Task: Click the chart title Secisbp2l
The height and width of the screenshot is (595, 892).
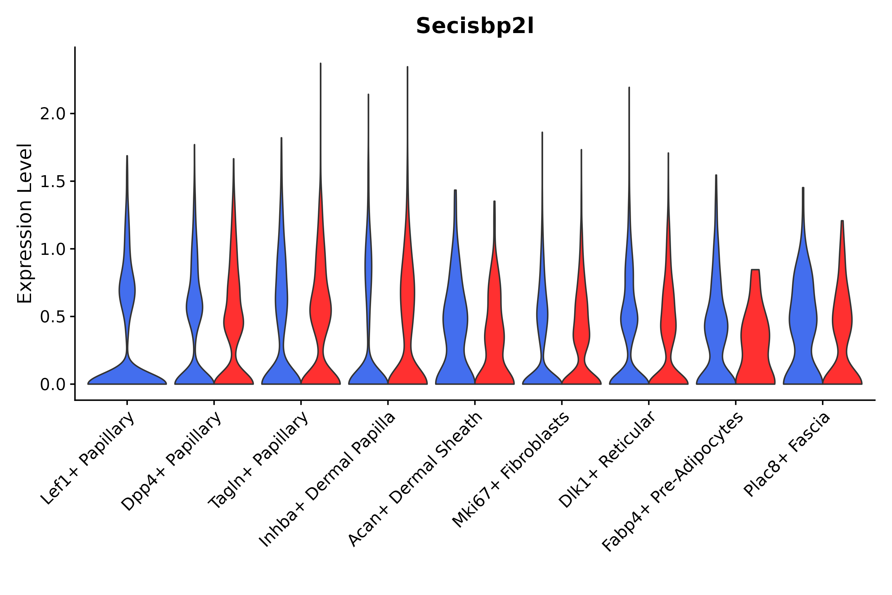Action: pos(474,26)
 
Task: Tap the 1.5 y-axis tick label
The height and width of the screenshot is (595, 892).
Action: pos(53,182)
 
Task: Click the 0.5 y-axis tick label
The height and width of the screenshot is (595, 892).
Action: pos(53,317)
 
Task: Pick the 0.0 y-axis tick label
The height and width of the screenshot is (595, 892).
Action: pos(53,385)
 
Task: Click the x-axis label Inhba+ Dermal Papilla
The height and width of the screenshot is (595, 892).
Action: pos(327,480)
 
